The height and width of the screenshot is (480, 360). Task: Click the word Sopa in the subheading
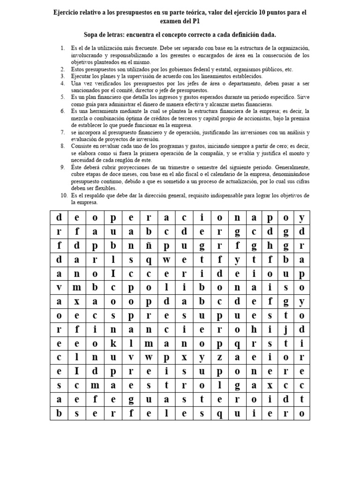coord(93,35)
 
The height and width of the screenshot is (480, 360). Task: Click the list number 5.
coord(63,97)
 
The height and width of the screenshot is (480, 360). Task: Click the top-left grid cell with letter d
coord(59,217)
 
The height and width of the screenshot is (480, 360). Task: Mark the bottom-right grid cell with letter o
coord(302,413)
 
